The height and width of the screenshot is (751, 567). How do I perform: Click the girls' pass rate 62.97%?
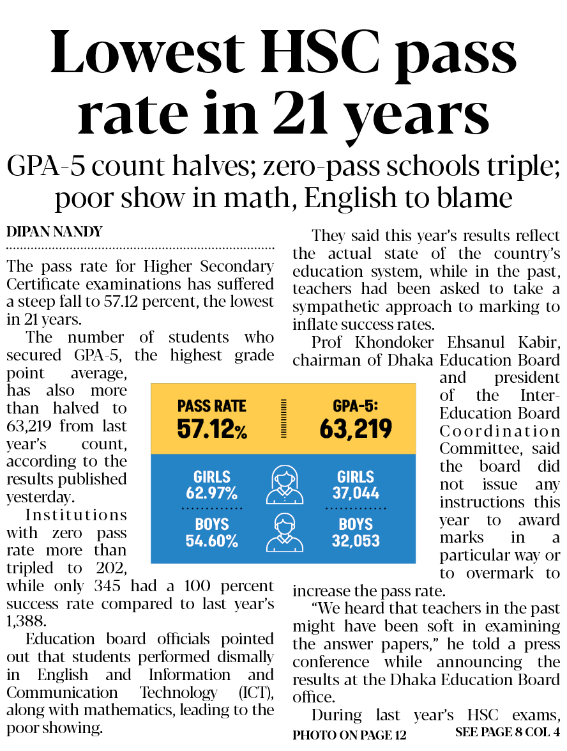point(211,493)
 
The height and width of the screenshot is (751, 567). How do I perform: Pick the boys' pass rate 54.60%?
point(211,541)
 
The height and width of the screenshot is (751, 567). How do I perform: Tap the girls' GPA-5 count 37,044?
point(356,493)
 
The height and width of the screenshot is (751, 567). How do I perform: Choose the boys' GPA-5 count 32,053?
point(356,541)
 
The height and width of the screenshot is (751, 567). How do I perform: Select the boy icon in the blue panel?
point(284,533)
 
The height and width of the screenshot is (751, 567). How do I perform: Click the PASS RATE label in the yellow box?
point(211,406)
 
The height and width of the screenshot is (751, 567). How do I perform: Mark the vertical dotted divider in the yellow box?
point(283,419)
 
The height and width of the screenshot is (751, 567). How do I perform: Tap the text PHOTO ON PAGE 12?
point(349,735)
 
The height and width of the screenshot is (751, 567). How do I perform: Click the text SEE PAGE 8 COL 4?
point(508,732)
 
